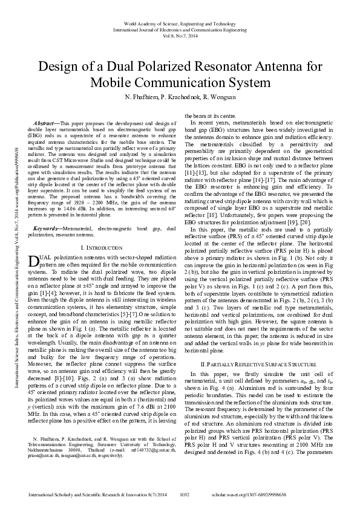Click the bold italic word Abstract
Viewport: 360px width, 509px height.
click(x=45, y=123)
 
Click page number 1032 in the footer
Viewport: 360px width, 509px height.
click(x=186, y=494)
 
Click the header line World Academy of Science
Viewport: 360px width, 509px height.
click(x=180, y=21)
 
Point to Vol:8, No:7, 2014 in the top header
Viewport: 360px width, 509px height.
click(x=180, y=36)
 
